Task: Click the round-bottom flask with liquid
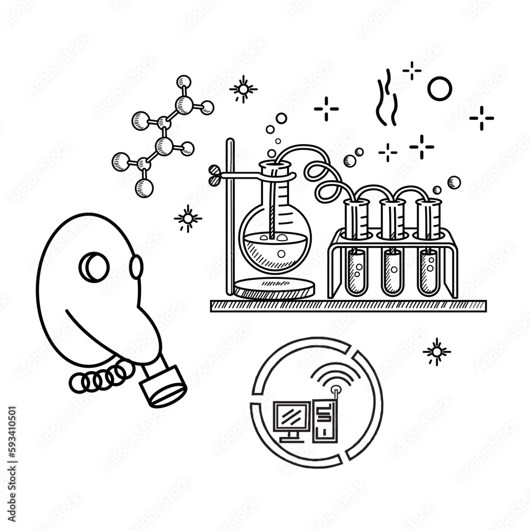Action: coord(275,241)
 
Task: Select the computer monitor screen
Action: coord(291,417)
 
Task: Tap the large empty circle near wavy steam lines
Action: coord(439,89)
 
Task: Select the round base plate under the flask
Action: coord(274,288)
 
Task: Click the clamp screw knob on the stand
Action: coord(215,171)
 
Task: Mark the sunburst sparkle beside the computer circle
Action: coord(437,351)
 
